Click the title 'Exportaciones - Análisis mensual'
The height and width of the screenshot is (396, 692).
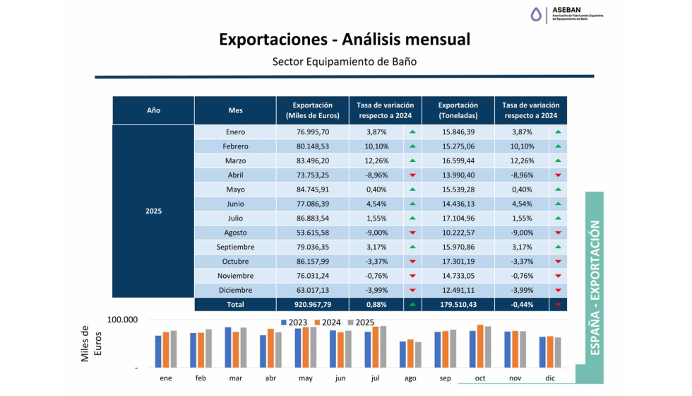click(345, 39)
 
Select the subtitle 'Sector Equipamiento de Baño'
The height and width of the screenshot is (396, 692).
click(345, 62)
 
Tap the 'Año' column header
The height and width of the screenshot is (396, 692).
click(153, 110)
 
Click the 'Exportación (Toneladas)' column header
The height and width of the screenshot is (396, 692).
click(458, 110)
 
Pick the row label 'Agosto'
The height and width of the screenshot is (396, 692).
click(235, 233)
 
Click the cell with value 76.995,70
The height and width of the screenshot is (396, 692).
click(311, 132)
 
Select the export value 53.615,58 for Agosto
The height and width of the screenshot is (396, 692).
click(311, 233)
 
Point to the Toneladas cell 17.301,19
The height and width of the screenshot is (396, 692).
click(458, 262)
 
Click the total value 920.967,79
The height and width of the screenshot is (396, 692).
click(311, 305)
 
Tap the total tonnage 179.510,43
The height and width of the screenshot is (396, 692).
click(458, 305)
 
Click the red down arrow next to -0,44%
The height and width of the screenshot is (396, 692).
click(558, 305)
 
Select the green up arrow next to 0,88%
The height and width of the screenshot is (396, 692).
click(412, 305)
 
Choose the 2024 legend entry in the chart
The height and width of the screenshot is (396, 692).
click(327, 322)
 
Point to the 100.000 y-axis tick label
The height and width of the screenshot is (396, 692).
click(122, 320)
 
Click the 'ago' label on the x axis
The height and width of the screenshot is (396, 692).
click(410, 378)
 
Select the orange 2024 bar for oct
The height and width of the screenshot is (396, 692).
click(480, 346)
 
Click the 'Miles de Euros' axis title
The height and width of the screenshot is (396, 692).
click(91, 344)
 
